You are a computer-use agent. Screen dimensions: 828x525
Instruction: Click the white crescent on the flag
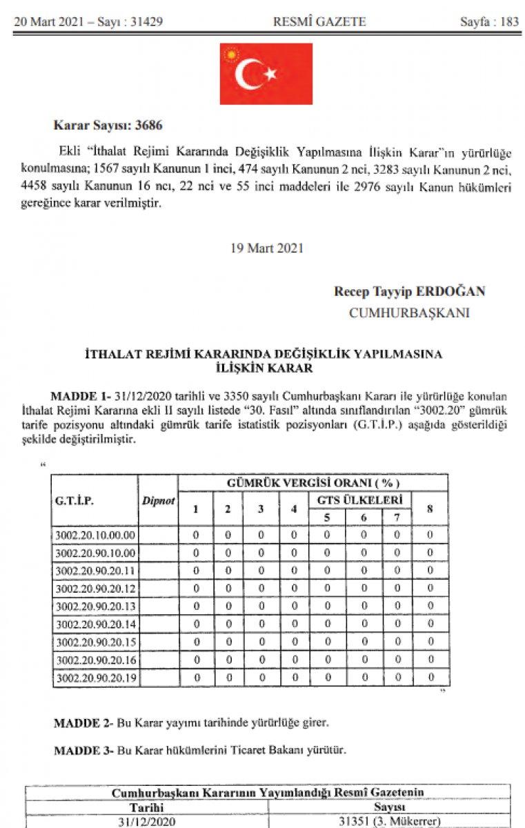click(x=249, y=75)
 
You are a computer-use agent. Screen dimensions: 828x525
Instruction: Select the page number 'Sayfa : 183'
click(x=489, y=22)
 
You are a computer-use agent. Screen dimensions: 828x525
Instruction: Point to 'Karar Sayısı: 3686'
click(x=108, y=126)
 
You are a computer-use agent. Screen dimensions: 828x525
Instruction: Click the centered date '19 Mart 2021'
click(x=266, y=248)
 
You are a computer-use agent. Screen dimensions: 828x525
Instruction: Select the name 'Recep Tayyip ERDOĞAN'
click(x=409, y=291)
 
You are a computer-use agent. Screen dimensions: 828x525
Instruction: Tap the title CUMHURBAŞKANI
click(x=409, y=313)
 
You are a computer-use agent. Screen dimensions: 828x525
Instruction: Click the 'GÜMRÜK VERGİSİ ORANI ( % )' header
click(x=313, y=482)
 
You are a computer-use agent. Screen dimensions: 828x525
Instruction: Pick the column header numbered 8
click(x=430, y=509)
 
